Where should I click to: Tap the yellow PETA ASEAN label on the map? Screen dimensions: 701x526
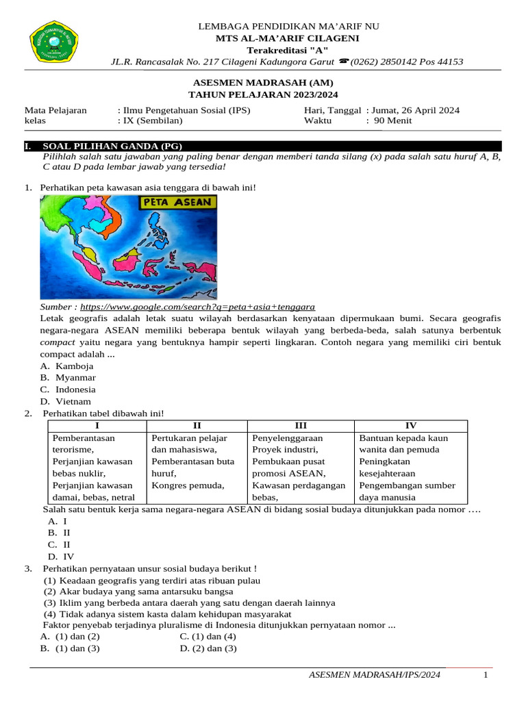point(178,203)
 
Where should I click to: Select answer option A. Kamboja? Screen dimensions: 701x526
point(67,366)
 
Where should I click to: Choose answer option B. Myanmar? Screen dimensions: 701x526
point(68,378)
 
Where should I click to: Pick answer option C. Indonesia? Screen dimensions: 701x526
point(68,390)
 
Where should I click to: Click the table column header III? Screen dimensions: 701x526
point(300,426)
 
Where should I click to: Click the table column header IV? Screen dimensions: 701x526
point(411,426)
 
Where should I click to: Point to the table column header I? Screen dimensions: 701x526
point(97,426)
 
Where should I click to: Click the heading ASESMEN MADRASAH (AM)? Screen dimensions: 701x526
point(264,83)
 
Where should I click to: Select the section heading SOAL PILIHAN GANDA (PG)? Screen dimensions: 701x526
point(112,146)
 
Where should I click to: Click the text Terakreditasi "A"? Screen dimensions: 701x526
point(288,51)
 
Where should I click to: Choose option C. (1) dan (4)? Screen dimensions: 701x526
point(208,637)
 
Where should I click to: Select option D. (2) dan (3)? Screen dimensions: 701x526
point(208,648)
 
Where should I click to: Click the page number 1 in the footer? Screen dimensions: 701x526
point(485,676)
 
